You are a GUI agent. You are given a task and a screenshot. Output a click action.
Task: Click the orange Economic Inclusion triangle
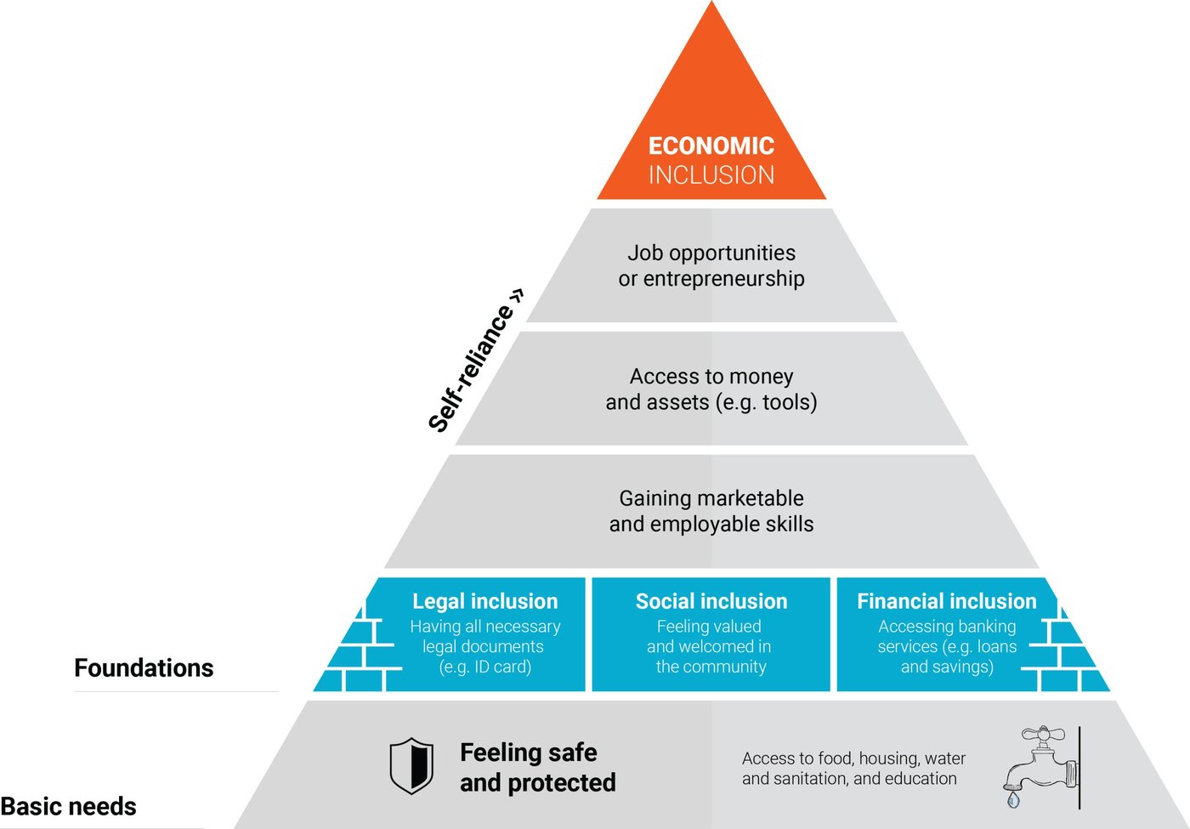point(711,111)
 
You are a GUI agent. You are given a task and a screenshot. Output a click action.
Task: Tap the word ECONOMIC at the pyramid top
point(711,146)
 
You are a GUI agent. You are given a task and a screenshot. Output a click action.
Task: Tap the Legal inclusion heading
point(484,601)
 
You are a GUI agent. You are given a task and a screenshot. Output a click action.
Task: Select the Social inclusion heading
point(711,601)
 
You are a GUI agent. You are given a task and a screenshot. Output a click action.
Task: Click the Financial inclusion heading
point(946,601)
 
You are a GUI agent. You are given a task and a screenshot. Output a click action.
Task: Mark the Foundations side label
point(144,668)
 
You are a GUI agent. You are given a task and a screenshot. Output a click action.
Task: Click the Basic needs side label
point(68,806)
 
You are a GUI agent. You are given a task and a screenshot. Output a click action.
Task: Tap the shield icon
point(411,766)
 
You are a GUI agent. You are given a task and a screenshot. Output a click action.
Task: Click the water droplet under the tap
point(1013,799)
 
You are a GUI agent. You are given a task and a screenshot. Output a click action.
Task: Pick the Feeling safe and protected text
point(537,767)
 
